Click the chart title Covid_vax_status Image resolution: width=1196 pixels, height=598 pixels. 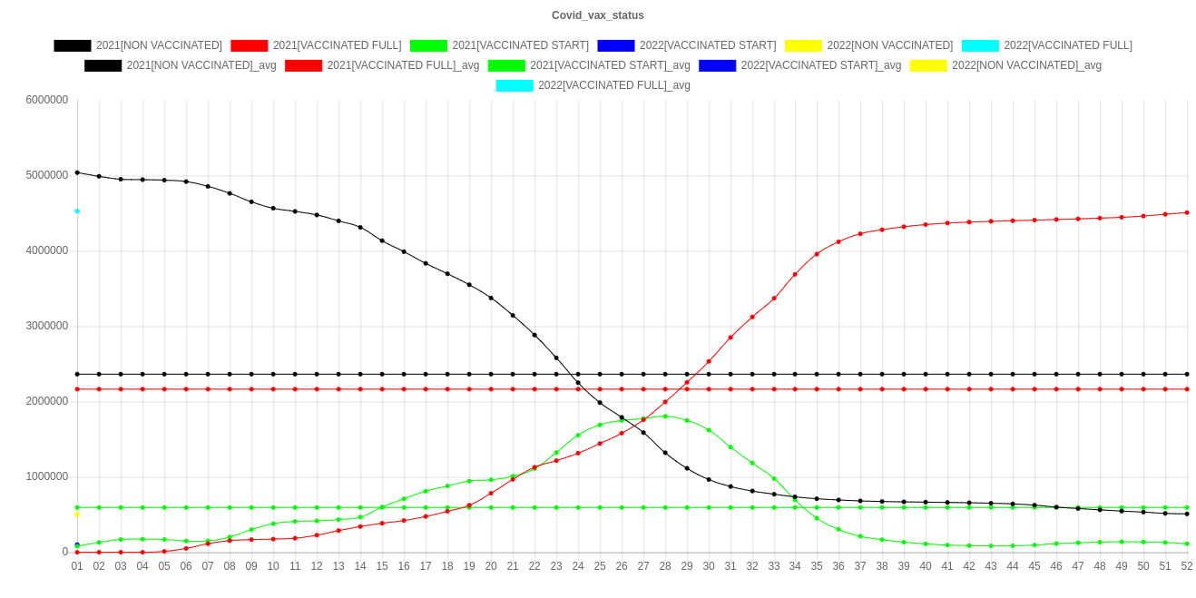coord(598,15)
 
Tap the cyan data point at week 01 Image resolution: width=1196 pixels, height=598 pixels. coord(77,211)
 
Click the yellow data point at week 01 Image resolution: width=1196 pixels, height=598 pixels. coord(77,515)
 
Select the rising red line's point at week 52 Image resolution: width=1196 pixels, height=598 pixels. coord(1187,212)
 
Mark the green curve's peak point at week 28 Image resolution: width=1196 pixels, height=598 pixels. coord(665,417)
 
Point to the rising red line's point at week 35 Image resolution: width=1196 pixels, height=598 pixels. coord(817,254)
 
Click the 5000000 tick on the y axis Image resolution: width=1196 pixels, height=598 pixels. coord(45,174)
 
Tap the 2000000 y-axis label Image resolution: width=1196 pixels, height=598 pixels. coord(45,400)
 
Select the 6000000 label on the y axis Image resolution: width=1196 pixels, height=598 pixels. coord(45,99)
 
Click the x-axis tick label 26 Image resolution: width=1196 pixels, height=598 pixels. coord(622,566)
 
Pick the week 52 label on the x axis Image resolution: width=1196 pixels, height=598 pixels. coord(1187,566)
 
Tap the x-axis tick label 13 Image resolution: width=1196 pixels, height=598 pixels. coord(338,566)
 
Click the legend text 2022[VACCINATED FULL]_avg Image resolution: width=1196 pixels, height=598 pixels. coord(614,85)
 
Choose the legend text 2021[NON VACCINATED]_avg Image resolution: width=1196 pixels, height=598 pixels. coord(201,65)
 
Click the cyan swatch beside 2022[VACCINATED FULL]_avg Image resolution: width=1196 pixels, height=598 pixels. coord(515,85)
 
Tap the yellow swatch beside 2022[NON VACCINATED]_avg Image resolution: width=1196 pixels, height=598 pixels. coord(928,65)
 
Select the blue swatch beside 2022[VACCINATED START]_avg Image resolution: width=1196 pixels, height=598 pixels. coord(718,65)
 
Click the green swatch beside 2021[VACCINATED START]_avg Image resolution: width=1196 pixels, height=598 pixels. coord(506,65)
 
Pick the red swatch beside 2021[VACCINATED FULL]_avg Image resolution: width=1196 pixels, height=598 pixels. coord(304,65)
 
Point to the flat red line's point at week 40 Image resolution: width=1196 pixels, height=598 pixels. coord(926,389)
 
